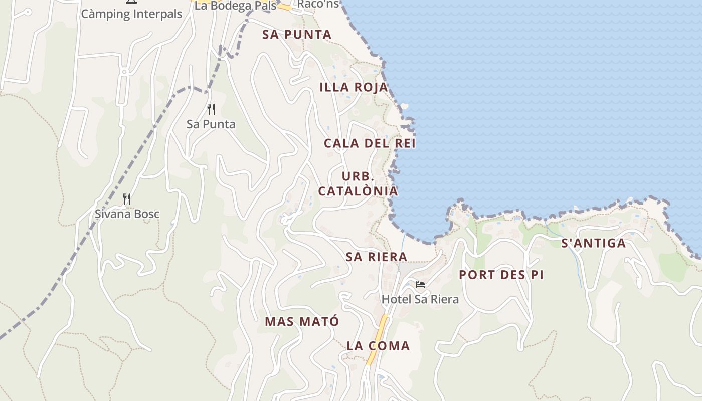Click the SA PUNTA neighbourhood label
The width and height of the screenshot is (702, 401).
coord(297,35)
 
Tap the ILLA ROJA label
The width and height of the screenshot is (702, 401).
coord(354,87)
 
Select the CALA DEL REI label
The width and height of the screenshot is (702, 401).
coord(370,143)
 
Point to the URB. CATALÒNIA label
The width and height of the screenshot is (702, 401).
coord(358,184)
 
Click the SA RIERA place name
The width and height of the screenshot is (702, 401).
coord(377,257)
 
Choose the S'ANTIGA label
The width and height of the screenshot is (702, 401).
coord(594,244)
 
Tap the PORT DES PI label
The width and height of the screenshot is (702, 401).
coord(501,275)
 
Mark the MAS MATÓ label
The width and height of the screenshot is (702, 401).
coord(302,322)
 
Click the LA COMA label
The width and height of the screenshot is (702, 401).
coord(379,346)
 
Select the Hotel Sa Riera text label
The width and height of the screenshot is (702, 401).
coord(420,300)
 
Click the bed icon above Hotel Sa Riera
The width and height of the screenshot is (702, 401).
coord(420,285)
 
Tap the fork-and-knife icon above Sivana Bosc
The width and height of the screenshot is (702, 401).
coord(127,199)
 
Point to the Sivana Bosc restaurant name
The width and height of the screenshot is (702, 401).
coord(127,214)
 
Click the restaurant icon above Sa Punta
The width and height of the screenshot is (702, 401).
coord(211,109)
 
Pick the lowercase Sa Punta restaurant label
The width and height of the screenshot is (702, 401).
coord(211,124)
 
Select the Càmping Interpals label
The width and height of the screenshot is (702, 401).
coord(131,14)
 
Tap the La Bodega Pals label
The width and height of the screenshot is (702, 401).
coord(235,6)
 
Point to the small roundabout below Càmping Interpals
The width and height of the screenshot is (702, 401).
coord(124,72)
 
